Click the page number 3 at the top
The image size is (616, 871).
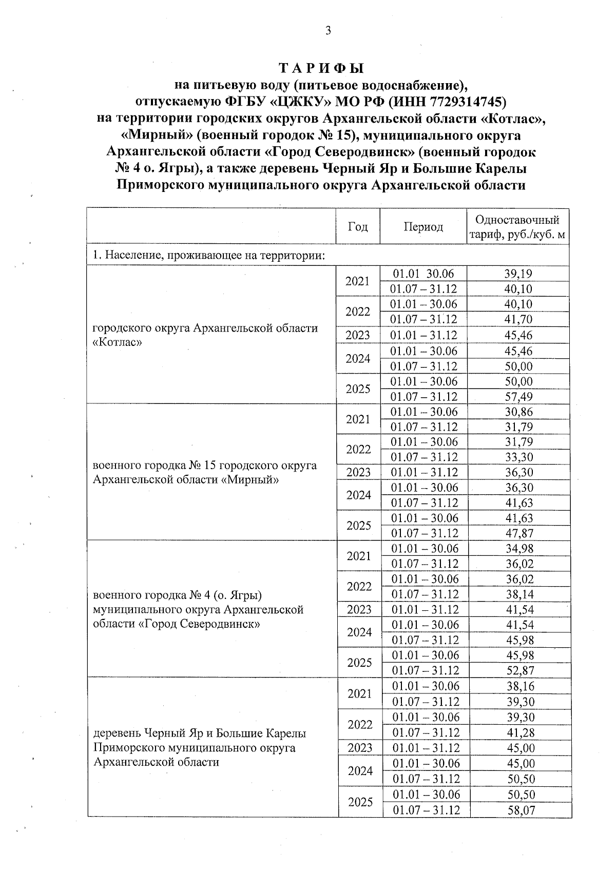(328, 31)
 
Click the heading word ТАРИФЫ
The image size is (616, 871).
(321, 69)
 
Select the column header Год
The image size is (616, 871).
(358, 227)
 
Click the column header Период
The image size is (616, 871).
(423, 227)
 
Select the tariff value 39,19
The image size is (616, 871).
(518, 274)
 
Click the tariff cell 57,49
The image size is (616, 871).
(518, 397)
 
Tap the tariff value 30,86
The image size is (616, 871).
(518, 412)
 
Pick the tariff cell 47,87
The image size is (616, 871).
(519, 533)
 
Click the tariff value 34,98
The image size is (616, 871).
(519, 549)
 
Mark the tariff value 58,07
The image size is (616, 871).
(521, 810)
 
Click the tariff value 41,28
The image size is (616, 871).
(521, 732)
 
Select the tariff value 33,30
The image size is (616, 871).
(518, 457)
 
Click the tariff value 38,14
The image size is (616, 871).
(519, 594)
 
